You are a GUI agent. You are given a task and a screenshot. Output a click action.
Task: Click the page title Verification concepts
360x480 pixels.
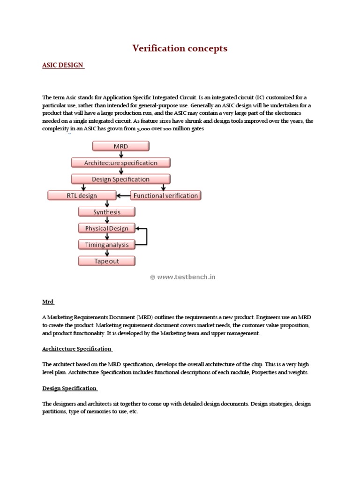coord(180,48)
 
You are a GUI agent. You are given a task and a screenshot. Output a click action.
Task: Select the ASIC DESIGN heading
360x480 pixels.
coord(63,66)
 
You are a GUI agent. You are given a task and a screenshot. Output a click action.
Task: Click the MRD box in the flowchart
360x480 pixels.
coord(121,147)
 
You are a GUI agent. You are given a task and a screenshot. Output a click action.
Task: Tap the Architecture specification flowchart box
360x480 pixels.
coord(121,163)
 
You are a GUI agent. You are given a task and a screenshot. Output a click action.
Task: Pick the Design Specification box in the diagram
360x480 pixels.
coord(121,179)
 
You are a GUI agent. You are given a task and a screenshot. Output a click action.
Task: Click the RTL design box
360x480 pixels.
coord(82,195)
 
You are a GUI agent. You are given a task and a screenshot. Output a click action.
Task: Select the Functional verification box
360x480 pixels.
coord(165,195)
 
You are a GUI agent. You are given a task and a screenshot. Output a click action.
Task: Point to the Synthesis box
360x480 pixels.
coord(106,212)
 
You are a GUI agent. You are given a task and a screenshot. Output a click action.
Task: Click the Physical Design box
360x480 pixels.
coord(106,228)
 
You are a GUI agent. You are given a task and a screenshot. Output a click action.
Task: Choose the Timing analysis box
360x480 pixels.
coord(106,245)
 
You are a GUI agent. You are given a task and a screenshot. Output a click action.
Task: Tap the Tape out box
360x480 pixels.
coord(106,261)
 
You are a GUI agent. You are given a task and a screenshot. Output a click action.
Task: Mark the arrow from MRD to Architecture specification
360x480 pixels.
coord(121,155)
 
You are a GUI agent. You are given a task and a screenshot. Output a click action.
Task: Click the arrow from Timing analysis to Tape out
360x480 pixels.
coord(107,253)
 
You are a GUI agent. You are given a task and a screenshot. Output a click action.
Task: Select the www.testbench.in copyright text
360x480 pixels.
coord(183,277)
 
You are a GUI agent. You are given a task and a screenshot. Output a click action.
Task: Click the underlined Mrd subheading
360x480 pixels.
coord(48,302)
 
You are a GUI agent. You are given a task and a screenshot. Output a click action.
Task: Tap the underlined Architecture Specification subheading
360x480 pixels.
coord(77,349)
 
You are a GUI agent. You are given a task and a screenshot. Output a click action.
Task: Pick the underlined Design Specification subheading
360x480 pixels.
coord(69,389)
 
